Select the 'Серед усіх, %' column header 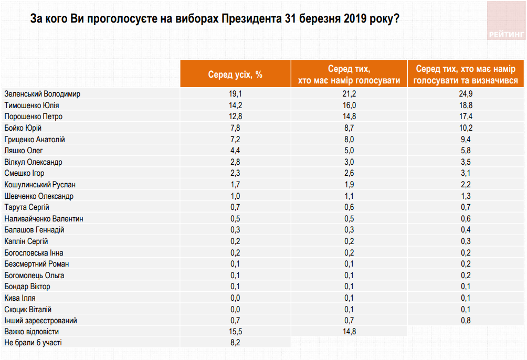tap(235, 75)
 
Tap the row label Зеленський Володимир tap(42, 93)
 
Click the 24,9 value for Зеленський tap(465, 93)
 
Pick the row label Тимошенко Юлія tap(31, 105)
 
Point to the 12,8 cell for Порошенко tap(235, 117)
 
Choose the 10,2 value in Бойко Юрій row tap(465, 128)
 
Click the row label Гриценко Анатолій tap(34, 140)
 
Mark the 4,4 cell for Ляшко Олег tap(235, 151)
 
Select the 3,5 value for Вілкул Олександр tap(465, 162)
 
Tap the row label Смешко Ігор tap(24, 173)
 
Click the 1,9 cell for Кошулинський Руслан tap(349, 185)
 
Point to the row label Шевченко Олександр tap(39, 196)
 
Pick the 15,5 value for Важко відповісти tap(235, 332)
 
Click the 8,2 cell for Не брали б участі tap(235, 343)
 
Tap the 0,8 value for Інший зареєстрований tap(465, 320)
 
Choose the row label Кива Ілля tap(20, 298)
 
